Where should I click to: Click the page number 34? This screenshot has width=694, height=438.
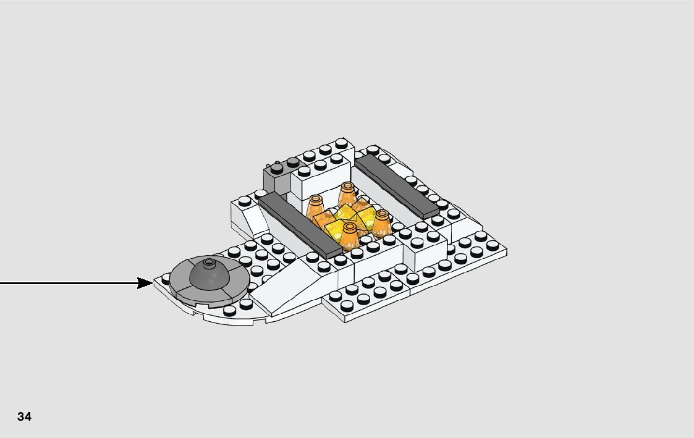pyautogui.click(x=24, y=416)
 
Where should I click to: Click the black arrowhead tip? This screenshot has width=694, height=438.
pyautogui.click(x=152, y=284)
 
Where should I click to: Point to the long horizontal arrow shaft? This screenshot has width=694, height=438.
pyautogui.click(x=68, y=284)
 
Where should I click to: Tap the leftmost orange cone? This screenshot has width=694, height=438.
pyautogui.click(x=315, y=209)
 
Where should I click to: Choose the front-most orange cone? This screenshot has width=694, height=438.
pyautogui.click(x=350, y=235)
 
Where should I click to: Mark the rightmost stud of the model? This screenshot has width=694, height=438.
pyautogui.click(x=493, y=245)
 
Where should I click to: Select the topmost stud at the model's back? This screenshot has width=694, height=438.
pyautogui.click(x=342, y=143)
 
